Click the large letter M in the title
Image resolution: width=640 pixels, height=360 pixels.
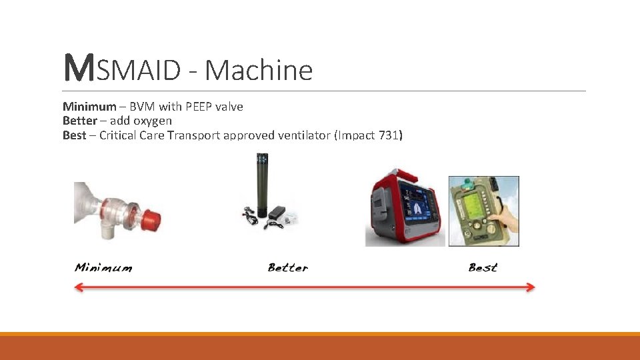tap(78, 69)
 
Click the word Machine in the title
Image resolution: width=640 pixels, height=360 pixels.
tap(259, 70)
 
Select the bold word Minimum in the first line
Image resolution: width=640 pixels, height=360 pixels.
tap(89, 107)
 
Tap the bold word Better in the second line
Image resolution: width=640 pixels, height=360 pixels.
tap(79, 121)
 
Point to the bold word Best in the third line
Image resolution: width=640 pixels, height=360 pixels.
tap(74, 135)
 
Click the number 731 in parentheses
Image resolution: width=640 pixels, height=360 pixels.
tap(389, 135)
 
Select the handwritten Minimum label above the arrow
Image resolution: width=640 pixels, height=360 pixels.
tap(103, 268)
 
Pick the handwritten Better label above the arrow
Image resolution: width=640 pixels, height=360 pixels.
tap(288, 268)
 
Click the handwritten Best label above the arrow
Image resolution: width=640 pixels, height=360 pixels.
tap(483, 268)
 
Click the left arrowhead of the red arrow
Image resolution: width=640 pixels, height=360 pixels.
tap(78, 287)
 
